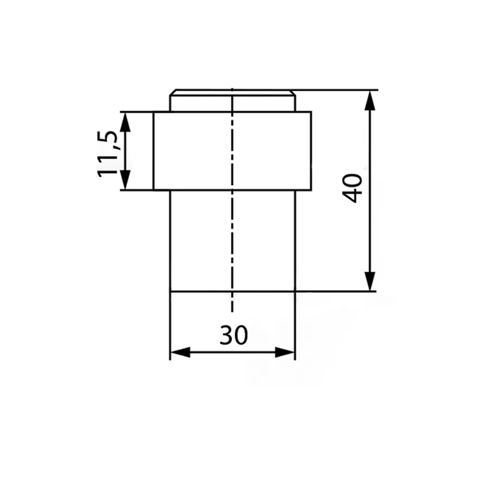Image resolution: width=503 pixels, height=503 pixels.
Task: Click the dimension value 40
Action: [352, 188]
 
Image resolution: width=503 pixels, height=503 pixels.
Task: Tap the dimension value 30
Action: [234, 335]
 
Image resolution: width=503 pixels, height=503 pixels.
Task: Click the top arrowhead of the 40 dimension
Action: [370, 101]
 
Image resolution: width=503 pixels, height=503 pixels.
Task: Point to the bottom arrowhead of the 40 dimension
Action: [370, 281]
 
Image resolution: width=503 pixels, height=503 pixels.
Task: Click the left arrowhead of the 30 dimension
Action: [181, 352]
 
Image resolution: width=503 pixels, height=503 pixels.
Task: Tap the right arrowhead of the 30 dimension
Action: [285, 352]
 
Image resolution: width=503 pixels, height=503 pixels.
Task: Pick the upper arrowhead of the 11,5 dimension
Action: [125, 122]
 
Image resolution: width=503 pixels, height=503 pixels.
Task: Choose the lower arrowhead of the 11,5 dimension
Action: [125, 180]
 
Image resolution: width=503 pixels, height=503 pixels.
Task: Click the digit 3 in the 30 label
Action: [226, 335]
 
